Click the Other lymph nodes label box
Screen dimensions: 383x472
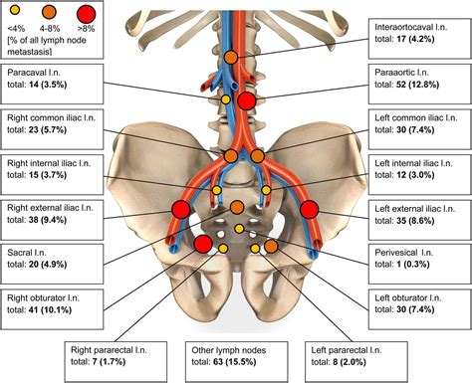235,357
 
